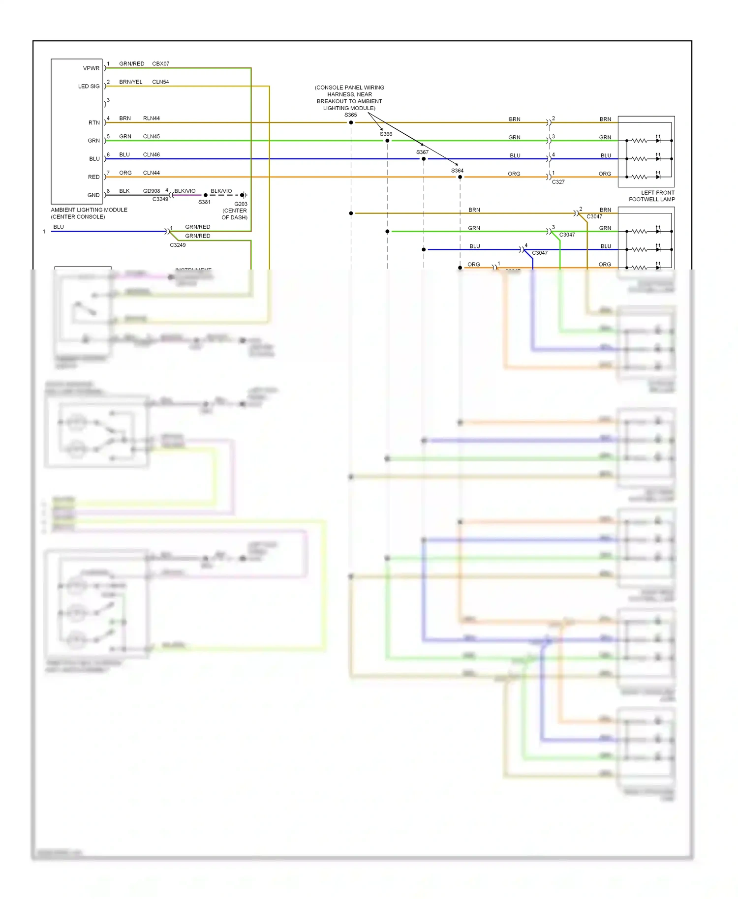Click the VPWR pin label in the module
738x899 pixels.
click(91, 68)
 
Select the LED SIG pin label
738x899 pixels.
click(89, 87)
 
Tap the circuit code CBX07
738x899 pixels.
click(160, 64)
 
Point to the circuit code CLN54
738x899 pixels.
click(160, 82)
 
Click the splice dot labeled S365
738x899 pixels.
click(351, 122)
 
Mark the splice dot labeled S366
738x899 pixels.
click(387, 141)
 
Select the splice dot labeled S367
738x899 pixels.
click(424, 159)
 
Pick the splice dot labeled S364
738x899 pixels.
click(460, 177)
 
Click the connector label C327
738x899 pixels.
click(558, 182)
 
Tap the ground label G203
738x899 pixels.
click(241, 204)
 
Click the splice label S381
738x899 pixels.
click(204, 202)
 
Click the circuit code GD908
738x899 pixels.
click(152, 191)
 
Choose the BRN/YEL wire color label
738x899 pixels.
click(131, 82)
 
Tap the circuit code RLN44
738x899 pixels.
click(152, 119)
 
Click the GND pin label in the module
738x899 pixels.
click(93, 195)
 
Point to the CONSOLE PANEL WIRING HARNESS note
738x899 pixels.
click(349, 98)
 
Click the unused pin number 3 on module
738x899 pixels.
click(108, 100)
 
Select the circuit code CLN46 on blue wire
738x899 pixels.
click(152, 155)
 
